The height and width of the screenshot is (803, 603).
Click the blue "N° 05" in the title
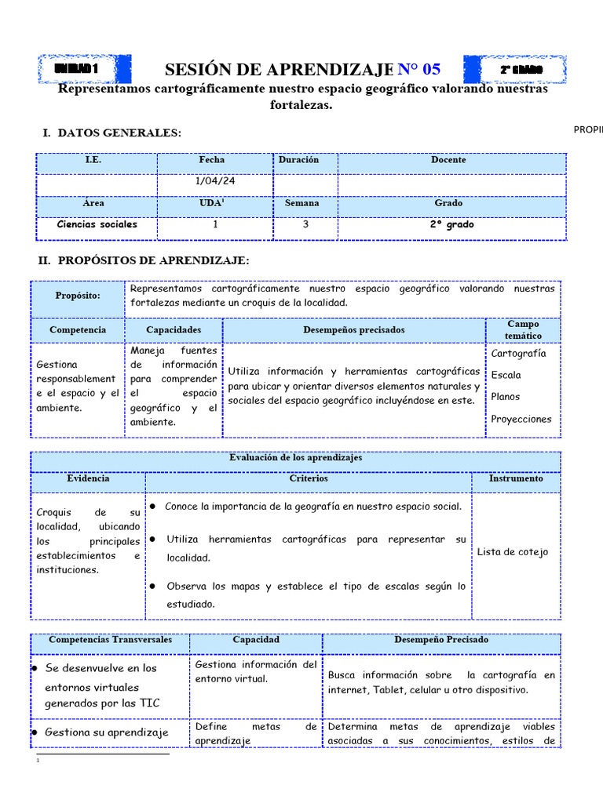419,70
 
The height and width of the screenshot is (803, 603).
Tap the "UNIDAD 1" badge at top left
76,70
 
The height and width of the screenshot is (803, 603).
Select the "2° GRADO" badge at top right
521,70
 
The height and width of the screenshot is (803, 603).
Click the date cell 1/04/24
214,181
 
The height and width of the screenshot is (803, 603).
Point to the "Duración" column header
299,160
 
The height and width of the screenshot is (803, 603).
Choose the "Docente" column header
448,160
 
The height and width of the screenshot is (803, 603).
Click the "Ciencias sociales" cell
97,224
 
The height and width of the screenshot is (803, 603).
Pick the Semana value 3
305,224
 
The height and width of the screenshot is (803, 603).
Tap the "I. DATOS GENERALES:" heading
111,133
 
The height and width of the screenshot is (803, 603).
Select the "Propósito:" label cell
78,296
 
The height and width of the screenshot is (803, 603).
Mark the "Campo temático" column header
523,329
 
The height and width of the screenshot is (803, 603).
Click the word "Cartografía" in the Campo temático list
518,353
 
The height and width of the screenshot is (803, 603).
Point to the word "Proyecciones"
521,419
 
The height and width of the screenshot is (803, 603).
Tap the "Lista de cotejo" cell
513,552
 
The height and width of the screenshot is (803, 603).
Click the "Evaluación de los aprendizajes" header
295,458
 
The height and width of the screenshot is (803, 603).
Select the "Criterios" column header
309,478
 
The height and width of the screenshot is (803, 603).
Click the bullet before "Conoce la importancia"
155,507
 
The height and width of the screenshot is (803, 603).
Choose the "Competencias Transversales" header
110,640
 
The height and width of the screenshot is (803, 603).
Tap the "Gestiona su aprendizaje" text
107,732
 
